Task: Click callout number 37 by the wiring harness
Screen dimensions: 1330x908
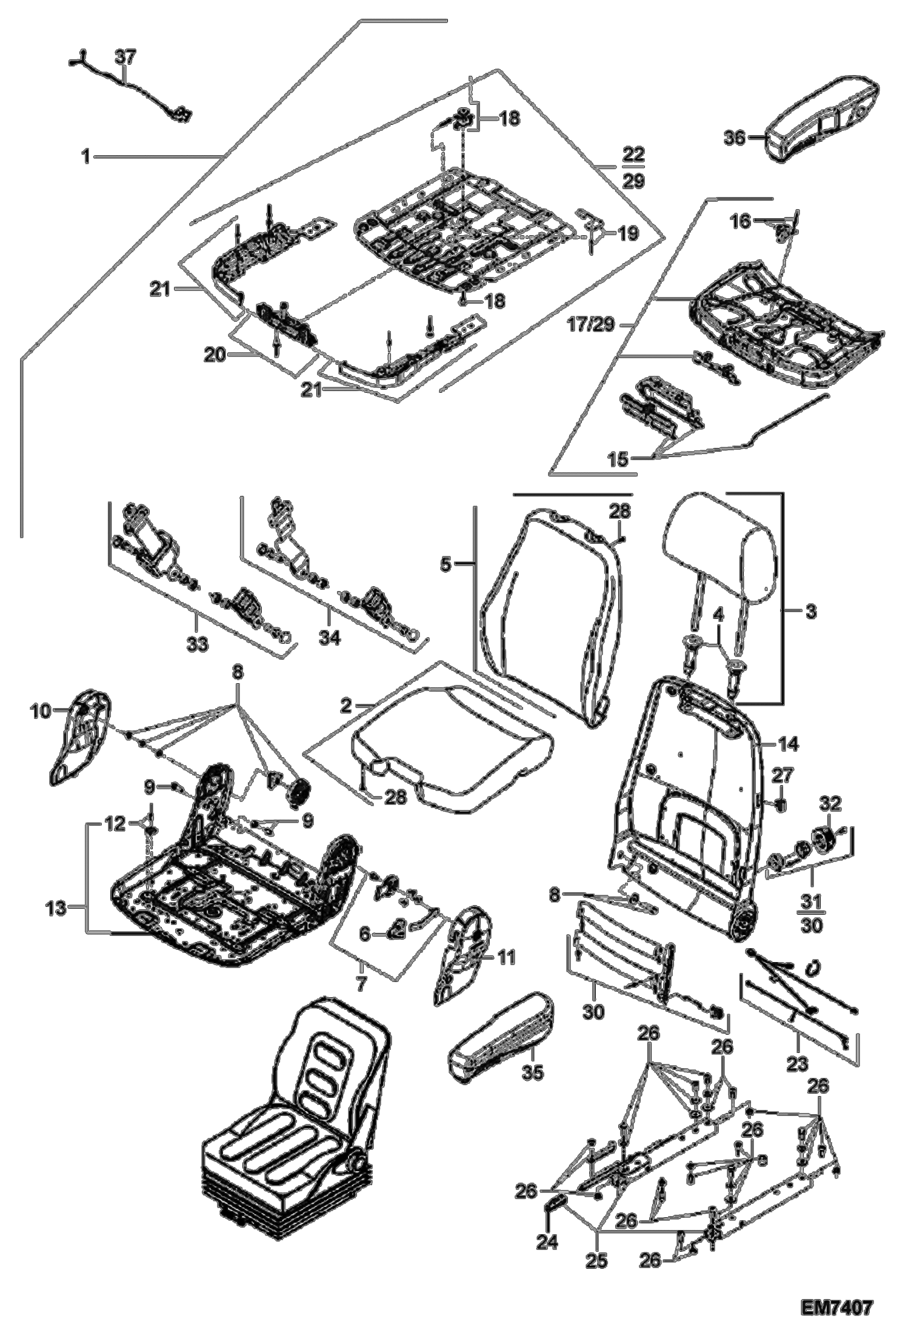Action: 126,58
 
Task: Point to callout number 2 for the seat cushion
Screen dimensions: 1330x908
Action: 346,706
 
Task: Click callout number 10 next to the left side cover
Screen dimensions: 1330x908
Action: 41,711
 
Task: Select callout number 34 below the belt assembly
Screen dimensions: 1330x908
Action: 329,639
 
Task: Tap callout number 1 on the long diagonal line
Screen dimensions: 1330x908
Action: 86,157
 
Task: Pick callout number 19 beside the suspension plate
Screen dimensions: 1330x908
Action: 627,233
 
